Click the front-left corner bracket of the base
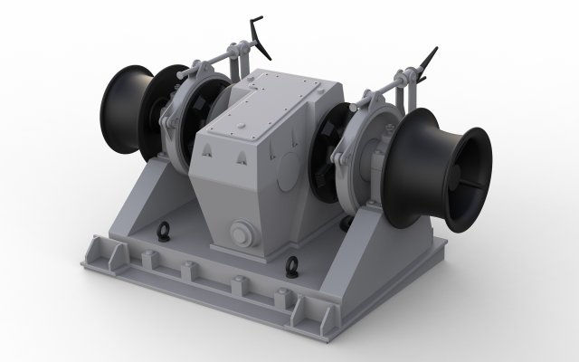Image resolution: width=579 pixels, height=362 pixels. tap(99, 252)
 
